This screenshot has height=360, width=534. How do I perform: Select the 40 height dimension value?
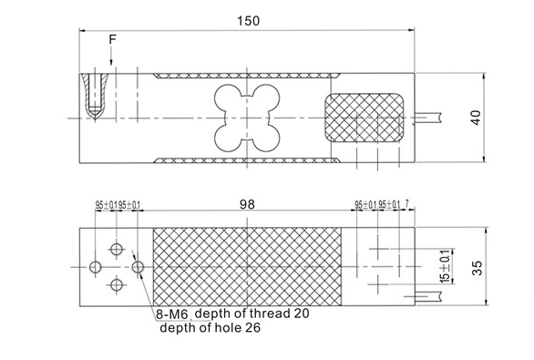pos(475,116)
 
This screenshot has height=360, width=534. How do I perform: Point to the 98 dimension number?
pos(246,206)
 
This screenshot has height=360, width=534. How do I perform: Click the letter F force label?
pos(112,40)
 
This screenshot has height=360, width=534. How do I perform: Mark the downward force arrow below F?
pos(112,57)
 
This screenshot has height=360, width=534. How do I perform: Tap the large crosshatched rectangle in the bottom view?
pos(246,266)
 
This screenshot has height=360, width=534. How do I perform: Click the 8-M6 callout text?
pos(170,314)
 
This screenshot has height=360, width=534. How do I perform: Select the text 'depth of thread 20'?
pos(246,314)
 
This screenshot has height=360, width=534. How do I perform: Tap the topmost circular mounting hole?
pos(117,248)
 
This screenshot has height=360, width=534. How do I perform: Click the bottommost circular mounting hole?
pos(117,285)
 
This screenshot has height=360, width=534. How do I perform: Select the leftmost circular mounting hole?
pos(96,267)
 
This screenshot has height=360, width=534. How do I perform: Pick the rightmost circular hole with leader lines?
pos(138,267)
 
